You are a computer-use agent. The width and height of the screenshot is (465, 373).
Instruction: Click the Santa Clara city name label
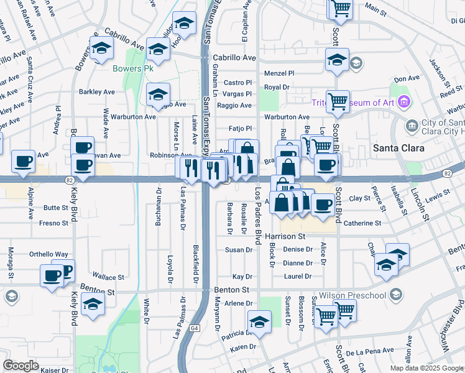[398, 148]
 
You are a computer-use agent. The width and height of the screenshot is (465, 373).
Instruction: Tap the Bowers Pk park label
[128, 68]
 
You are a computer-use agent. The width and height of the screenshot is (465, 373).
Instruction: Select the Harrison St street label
[285, 237]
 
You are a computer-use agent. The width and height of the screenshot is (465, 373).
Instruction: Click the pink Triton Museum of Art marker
[404, 101]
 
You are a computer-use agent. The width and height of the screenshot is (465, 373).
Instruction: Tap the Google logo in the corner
[21, 366]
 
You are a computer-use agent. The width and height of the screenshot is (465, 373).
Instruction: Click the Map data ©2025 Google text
[426, 368]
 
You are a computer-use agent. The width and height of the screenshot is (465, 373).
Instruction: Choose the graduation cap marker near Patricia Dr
[259, 322]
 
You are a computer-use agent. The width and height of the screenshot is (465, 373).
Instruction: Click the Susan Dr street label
[239, 250]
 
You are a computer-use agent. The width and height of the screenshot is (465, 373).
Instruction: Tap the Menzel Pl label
[279, 73]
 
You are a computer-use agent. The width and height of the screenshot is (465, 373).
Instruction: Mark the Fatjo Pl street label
[239, 129]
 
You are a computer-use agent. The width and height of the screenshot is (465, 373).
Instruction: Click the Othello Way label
[49, 254]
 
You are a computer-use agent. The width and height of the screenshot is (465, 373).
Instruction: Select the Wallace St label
[108, 277]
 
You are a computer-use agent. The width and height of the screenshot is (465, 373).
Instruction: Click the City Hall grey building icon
[412, 126]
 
